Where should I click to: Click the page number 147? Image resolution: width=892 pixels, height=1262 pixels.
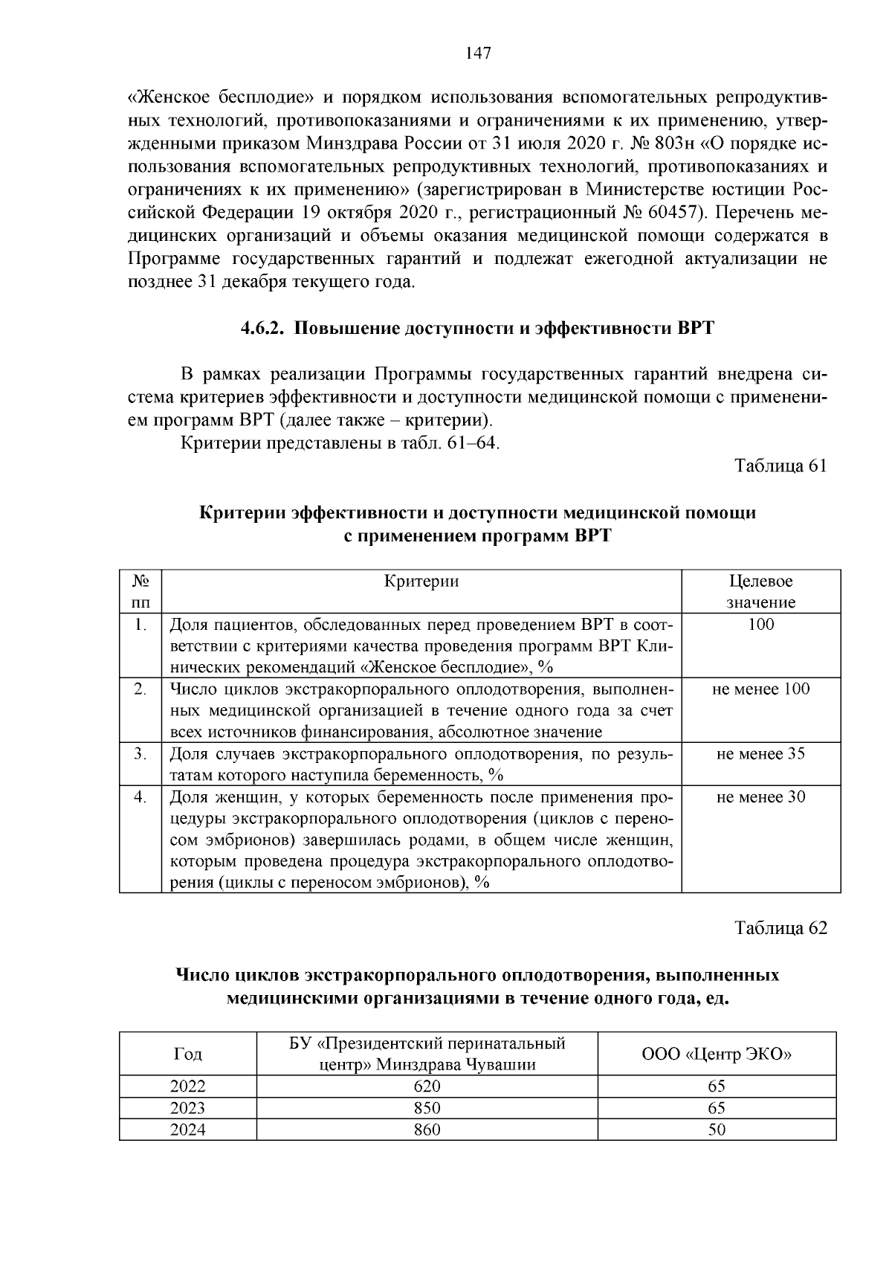point(478,54)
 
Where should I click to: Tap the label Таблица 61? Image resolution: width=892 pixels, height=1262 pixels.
point(780,466)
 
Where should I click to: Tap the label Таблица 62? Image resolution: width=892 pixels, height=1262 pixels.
point(780,928)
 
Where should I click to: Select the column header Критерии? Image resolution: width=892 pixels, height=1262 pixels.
point(421,582)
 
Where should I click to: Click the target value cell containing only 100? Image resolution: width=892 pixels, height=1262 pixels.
point(760,625)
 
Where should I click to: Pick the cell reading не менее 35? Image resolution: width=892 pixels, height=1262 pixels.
point(760,754)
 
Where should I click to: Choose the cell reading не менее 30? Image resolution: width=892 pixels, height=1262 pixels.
point(760,797)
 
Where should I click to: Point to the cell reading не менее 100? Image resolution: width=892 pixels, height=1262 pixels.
point(760,689)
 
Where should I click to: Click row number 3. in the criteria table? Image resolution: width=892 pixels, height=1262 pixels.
point(140,754)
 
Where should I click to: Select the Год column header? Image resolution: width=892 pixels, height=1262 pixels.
point(187,1054)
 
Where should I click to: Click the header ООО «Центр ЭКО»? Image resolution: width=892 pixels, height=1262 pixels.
point(717,1054)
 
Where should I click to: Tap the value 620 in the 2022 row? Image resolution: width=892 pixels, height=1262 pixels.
point(427,1086)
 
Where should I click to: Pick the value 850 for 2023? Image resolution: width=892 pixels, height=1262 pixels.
point(427,1108)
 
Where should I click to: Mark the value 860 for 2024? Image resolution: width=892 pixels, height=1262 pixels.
point(427,1130)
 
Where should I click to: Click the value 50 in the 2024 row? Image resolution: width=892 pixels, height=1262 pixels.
point(717,1130)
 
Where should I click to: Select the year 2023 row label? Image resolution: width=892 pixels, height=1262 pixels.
point(187,1108)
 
